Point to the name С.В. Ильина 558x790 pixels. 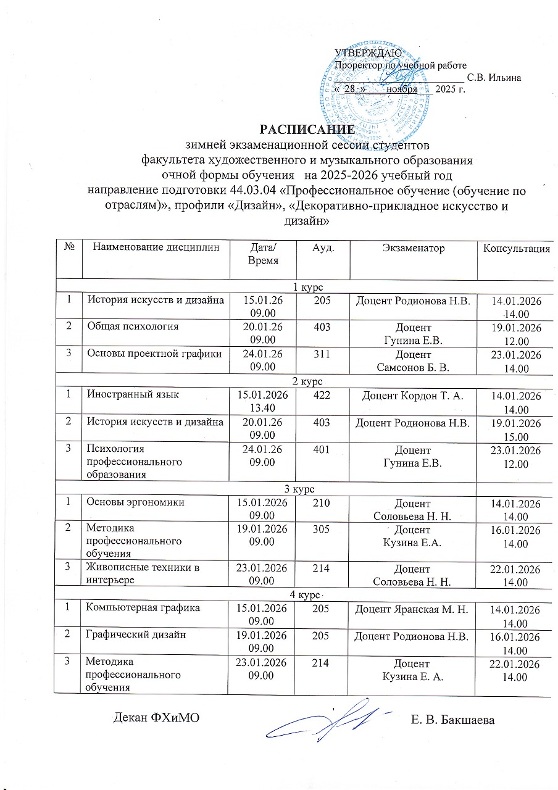click(494, 78)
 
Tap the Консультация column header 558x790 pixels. click(517, 249)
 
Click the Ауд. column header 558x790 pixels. click(323, 248)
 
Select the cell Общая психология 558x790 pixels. click(132, 326)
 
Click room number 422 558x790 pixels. click(323, 395)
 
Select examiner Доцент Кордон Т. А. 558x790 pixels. click(414, 395)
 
